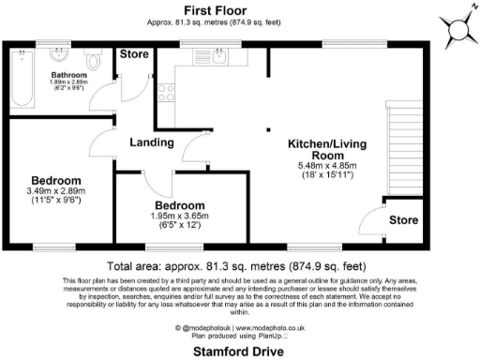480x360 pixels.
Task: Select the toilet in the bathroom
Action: (93, 59)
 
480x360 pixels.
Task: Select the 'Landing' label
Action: (151, 142)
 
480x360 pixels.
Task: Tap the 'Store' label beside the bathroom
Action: (134, 54)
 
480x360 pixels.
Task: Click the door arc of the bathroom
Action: (105, 108)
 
